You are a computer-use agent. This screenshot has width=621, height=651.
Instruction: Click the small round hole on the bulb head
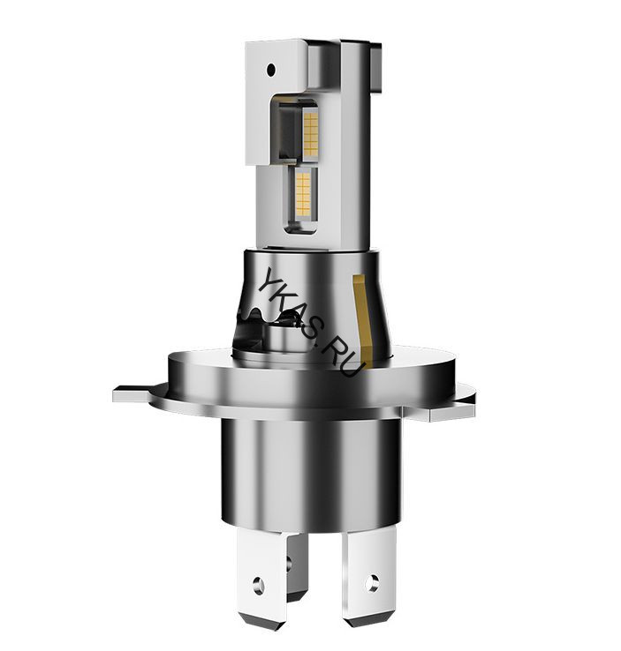coord(272,69)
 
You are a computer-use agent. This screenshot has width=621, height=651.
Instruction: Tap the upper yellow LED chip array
coord(311,131)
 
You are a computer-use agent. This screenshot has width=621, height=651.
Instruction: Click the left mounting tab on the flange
coord(132,393)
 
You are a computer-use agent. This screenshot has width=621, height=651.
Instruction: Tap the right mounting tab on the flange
coord(453,412)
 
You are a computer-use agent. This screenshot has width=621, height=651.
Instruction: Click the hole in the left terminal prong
coord(258,587)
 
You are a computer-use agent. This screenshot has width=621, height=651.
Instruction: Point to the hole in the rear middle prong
coord(288,564)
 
